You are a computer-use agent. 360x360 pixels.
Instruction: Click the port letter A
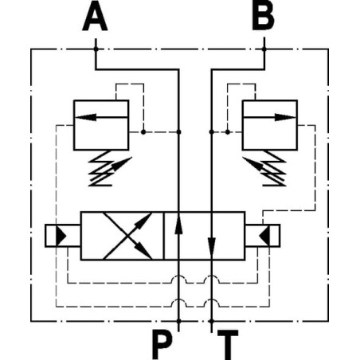(x=95, y=16)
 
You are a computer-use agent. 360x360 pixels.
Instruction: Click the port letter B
(x=263, y=16)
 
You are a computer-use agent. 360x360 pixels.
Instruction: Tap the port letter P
(x=162, y=344)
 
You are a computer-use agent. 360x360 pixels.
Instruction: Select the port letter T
(x=228, y=344)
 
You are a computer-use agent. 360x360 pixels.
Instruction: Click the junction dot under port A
(x=96, y=49)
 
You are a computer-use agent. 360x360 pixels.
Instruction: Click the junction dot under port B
(x=264, y=49)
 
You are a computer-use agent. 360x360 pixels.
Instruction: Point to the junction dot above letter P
(x=178, y=322)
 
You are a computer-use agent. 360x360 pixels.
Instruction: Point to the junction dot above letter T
(x=211, y=322)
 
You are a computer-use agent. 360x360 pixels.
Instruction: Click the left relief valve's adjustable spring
(x=106, y=168)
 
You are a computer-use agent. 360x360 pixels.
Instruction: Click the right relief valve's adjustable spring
(x=265, y=168)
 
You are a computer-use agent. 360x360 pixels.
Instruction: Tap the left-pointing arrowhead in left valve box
(x=85, y=117)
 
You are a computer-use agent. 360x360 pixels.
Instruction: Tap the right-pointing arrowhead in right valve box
(x=285, y=117)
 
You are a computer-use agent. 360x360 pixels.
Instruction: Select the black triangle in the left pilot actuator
(x=61, y=236)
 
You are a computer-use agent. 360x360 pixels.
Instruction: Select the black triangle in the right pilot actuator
(x=264, y=236)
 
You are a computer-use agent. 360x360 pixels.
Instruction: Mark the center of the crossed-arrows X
(x=127, y=236)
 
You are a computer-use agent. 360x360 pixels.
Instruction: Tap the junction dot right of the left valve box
(x=143, y=132)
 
